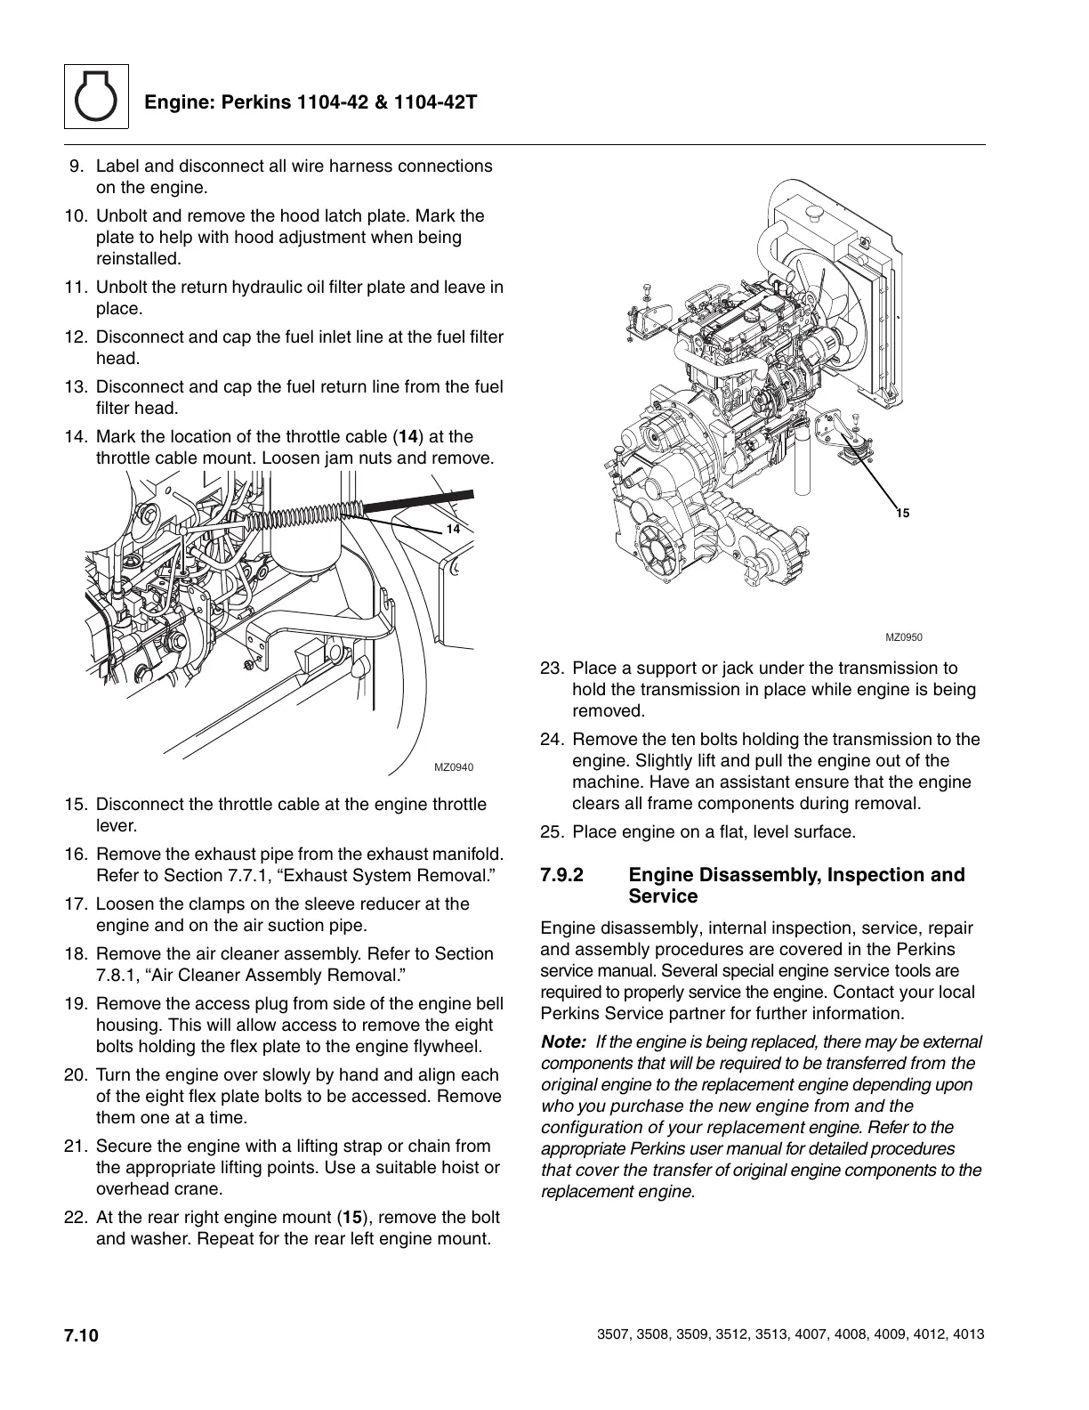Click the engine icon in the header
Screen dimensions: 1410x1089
point(96,97)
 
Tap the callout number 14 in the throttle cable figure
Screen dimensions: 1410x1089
point(453,529)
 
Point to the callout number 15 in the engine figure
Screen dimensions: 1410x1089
point(902,514)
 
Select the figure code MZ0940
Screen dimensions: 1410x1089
point(454,766)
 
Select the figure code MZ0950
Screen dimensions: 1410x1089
point(904,637)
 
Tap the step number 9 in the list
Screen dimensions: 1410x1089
point(77,166)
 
